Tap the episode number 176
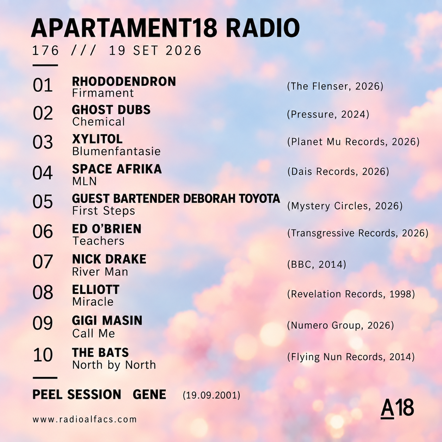45,50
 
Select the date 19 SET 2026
155,50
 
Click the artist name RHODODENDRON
124,81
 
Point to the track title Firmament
103,93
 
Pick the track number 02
43,113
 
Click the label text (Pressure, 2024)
328,114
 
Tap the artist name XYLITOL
97,139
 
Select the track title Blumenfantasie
116,151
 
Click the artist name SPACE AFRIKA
117,169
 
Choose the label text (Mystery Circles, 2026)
345,206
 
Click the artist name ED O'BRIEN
107,229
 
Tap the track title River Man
100,272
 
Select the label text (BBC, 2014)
317,264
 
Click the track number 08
43,293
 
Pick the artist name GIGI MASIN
107,320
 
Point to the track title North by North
114,365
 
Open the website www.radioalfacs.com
85,419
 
